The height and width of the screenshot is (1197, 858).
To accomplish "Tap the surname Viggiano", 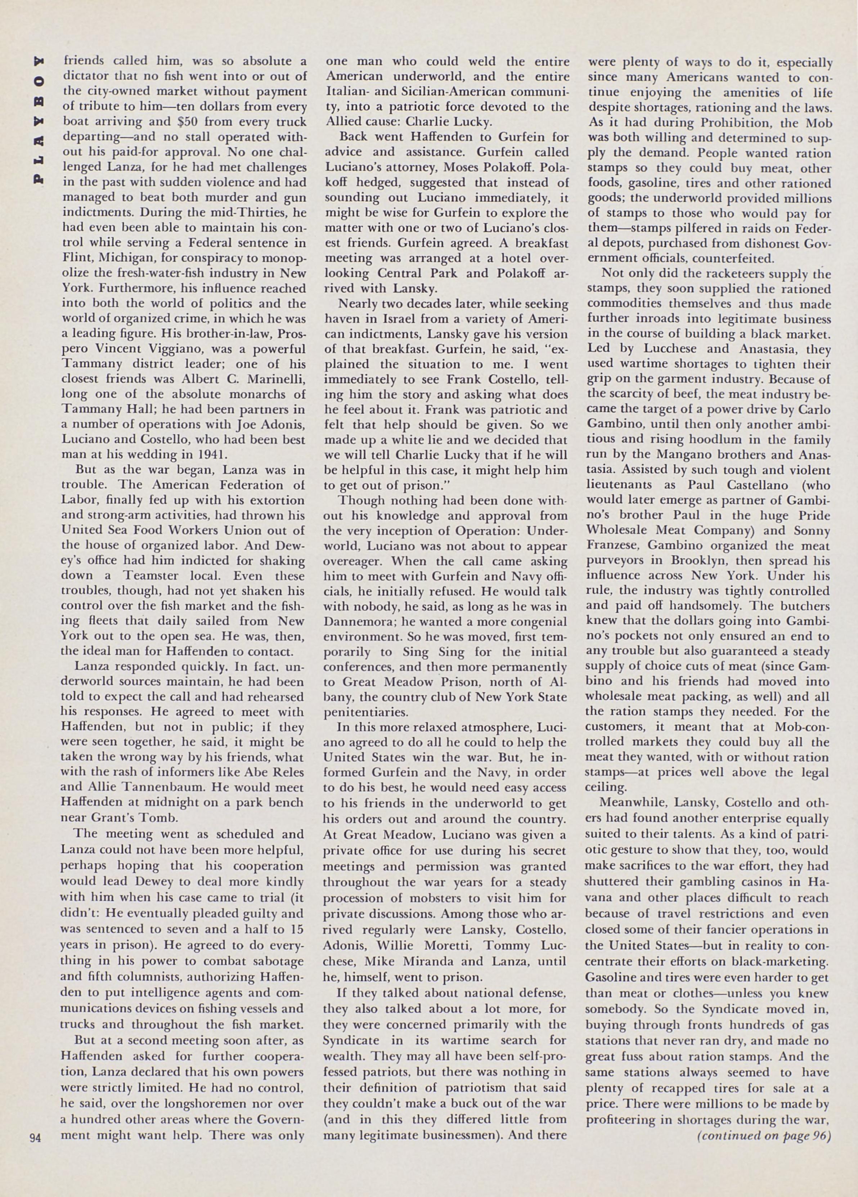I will [x=189, y=349].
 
